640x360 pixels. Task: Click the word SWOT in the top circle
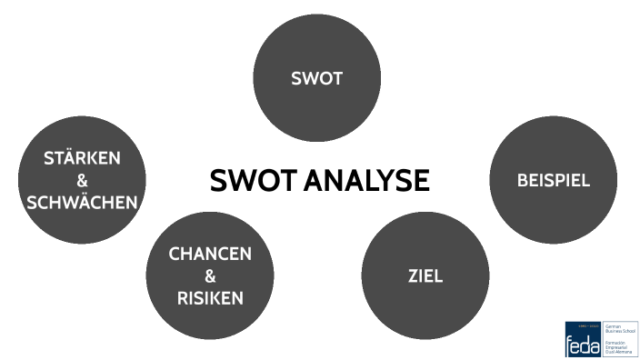pos(316,79)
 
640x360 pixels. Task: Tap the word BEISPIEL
pos(554,180)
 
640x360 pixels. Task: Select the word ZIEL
pos(425,275)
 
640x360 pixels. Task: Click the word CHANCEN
pos(210,254)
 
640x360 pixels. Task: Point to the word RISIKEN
pos(210,297)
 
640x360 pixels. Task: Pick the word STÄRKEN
pos(83,158)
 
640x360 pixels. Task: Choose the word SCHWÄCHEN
pos(83,202)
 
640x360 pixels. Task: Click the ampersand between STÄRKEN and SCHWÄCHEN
pos(83,180)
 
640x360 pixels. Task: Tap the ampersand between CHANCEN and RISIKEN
pos(210,275)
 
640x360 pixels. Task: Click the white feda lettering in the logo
pos(582,344)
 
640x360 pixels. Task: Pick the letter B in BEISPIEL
pos(523,180)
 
